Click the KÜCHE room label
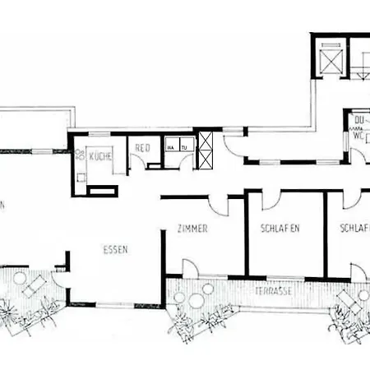tap(101, 155)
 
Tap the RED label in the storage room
tap(143, 149)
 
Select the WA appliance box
tap(172, 148)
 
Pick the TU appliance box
tap(184, 148)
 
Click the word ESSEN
tap(114, 249)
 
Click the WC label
tap(358, 136)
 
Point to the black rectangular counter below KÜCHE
tap(103, 191)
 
